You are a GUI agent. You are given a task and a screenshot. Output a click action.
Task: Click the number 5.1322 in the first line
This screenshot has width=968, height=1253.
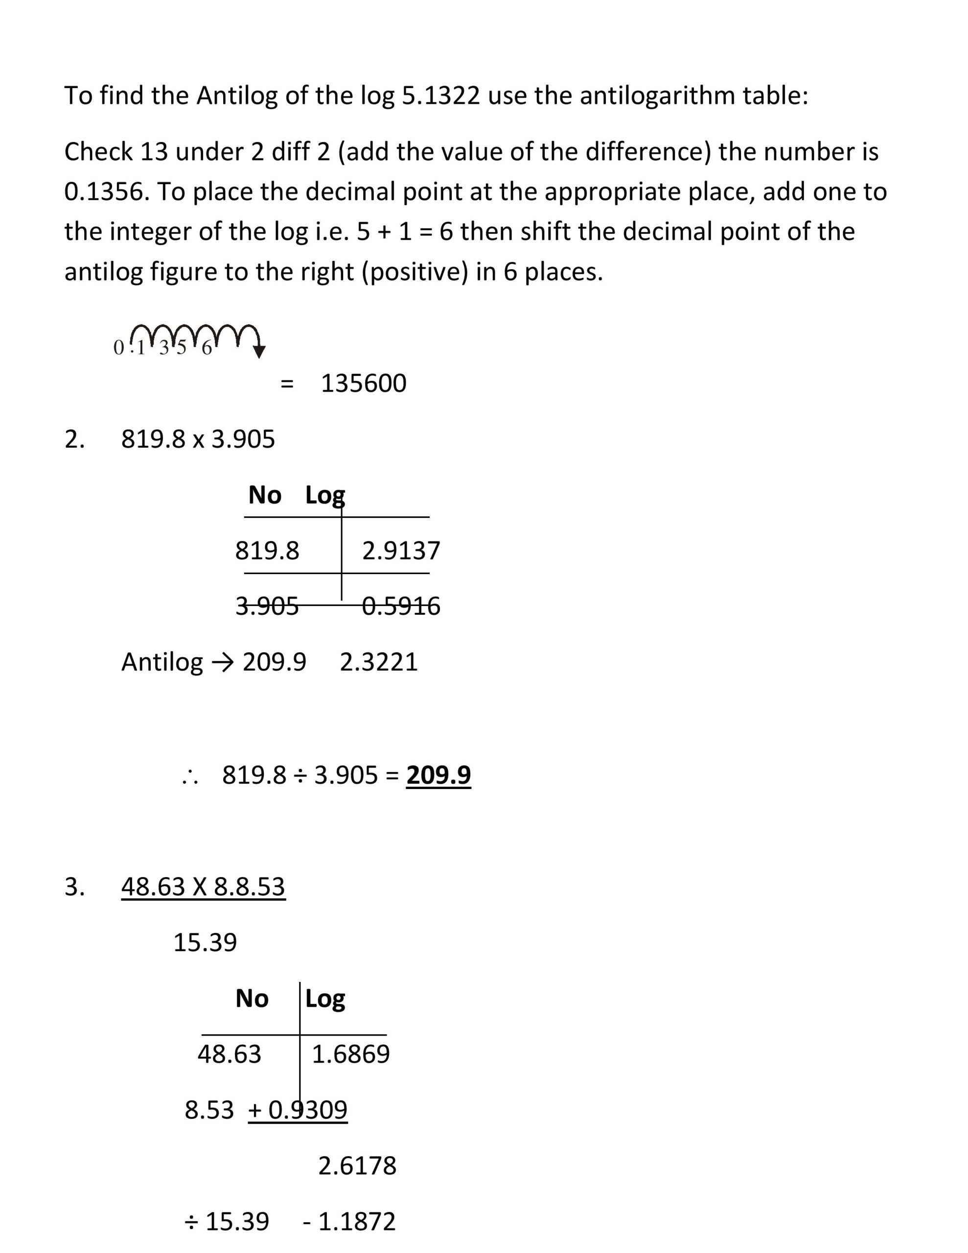point(440,95)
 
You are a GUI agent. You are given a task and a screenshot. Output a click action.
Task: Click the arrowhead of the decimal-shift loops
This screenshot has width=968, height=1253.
point(259,352)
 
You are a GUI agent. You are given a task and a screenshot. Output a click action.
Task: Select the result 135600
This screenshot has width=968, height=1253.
point(363,383)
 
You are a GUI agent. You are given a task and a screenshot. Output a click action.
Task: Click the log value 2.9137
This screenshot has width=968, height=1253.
point(400,551)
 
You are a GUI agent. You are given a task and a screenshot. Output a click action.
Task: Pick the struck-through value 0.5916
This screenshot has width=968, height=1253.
point(400,606)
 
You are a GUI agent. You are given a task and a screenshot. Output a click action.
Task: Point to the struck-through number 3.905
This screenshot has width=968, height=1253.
point(267,606)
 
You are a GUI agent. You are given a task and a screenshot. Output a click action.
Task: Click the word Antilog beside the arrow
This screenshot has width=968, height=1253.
point(162,662)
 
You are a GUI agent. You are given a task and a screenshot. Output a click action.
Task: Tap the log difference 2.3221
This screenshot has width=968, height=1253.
point(378,662)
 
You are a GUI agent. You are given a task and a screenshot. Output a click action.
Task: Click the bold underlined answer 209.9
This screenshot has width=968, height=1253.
point(438,775)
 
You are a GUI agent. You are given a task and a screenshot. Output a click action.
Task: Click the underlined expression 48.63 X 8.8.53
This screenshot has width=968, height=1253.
point(203,886)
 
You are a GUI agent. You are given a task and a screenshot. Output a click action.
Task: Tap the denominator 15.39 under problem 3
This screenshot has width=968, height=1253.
point(205,943)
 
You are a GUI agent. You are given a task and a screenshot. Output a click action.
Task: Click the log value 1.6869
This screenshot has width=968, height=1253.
point(350,1054)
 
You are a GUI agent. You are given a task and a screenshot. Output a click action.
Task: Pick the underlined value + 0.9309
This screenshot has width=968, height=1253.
point(298,1110)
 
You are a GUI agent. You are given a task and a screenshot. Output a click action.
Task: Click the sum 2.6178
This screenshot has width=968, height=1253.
point(357,1166)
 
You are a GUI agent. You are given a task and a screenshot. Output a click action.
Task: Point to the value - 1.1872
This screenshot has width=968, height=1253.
point(349,1222)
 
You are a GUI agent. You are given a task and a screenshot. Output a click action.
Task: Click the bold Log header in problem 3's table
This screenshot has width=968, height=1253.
point(325,999)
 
